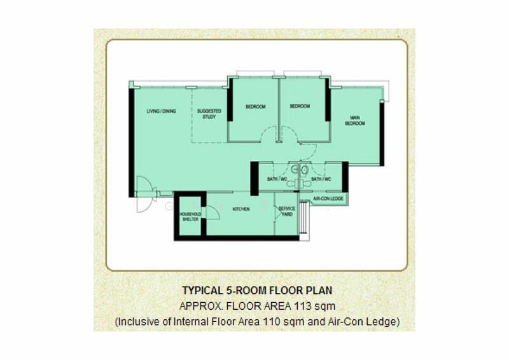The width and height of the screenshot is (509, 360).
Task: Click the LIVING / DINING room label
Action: pos(161,112)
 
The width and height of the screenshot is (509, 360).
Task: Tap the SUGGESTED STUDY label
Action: pos(209,114)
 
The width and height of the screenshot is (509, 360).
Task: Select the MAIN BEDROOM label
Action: pos(355,121)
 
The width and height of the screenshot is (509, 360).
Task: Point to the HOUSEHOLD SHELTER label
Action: pos(190,216)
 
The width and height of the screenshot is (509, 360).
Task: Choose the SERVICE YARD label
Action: pos(287,211)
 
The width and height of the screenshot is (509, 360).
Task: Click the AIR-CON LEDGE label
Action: pos(329,200)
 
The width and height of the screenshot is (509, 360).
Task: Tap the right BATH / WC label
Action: pos(321,180)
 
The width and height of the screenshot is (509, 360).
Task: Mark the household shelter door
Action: pos(211,214)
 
